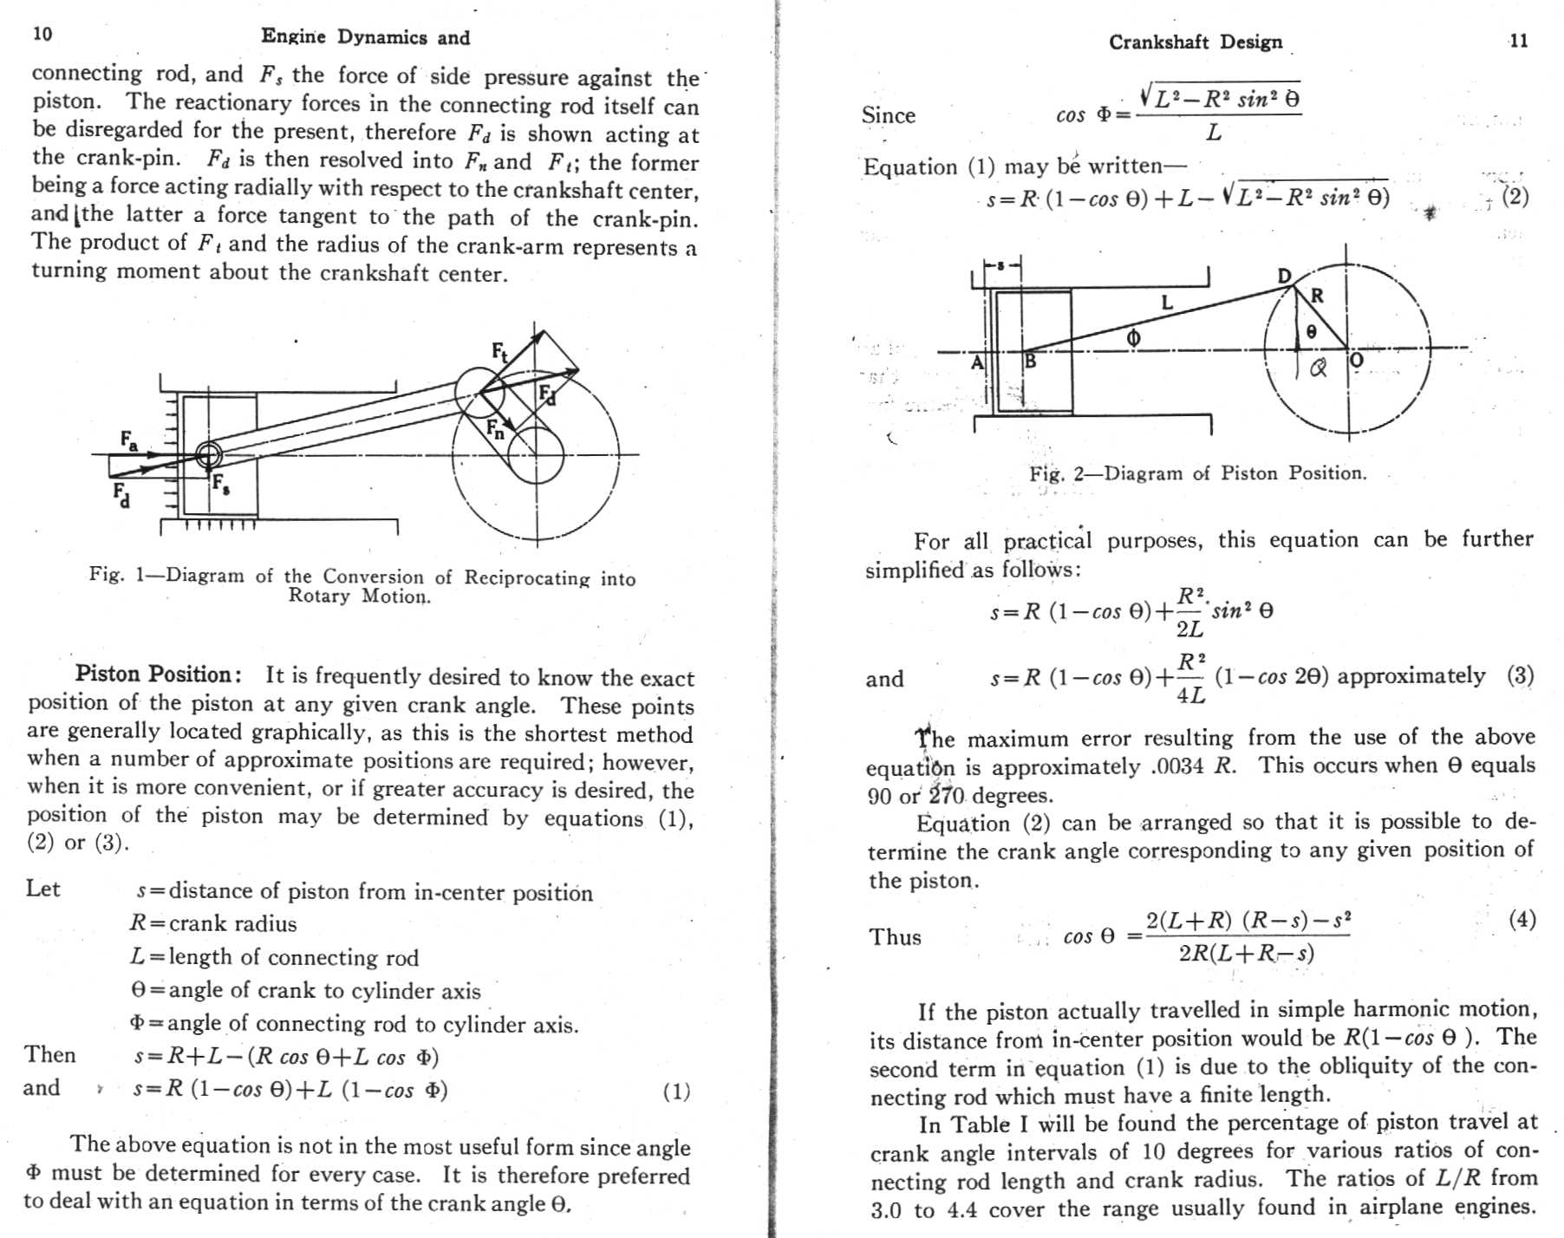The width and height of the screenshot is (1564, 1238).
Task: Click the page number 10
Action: coord(42,34)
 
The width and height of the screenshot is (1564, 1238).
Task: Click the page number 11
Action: coord(1518,41)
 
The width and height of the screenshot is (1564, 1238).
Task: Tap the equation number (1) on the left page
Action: coord(676,1091)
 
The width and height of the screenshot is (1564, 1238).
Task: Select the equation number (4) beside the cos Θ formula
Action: coord(1522,919)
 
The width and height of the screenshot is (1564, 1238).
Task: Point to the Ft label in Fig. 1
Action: coord(500,351)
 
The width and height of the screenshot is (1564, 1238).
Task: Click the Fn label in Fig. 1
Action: coord(495,428)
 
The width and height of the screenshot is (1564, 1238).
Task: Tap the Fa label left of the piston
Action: coord(128,440)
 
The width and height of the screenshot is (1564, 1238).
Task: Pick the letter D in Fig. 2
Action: coord(1285,276)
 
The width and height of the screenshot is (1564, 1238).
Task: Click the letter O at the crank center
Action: coord(1357,361)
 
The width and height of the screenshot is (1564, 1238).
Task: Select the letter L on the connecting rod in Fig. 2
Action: coord(1167,303)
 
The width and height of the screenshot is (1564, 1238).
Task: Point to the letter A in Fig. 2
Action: coord(977,362)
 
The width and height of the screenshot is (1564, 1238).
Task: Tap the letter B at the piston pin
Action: coord(1030,361)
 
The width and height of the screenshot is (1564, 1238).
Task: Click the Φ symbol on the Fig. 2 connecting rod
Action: coord(1133,338)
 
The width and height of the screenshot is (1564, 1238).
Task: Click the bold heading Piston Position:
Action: coord(153,674)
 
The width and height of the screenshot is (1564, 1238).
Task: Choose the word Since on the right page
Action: coord(888,115)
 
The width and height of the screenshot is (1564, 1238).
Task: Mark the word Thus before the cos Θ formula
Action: coord(895,937)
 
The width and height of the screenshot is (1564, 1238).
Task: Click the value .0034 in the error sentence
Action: coord(1178,766)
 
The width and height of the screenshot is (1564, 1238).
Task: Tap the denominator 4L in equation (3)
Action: coord(1189,694)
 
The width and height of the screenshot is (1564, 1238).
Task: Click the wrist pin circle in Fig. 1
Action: coord(208,454)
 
